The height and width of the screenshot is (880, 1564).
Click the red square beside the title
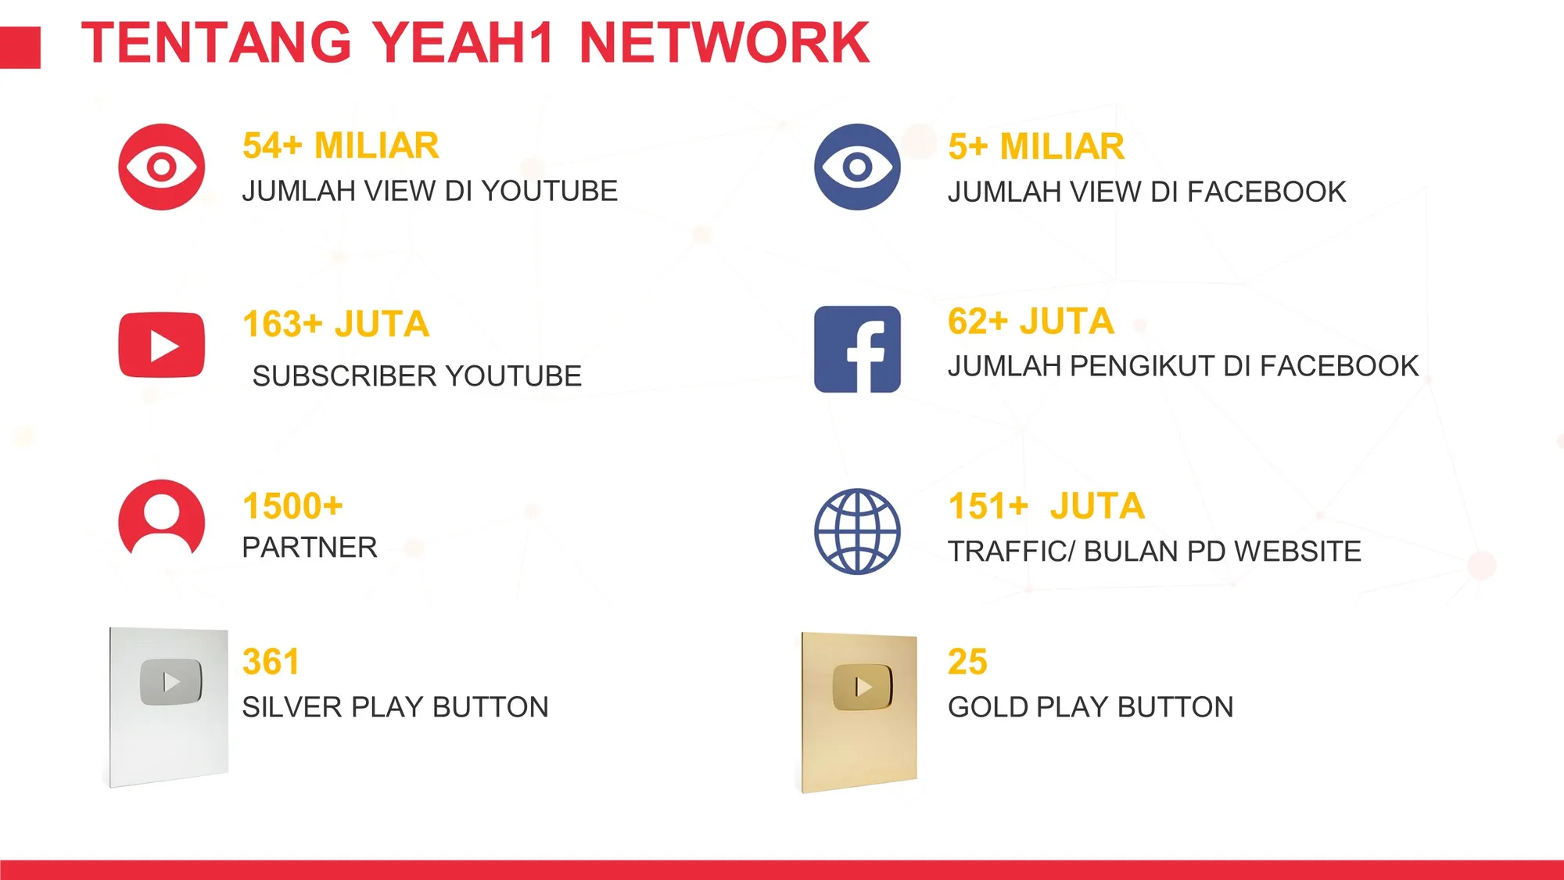pyautogui.click(x=20, y=48)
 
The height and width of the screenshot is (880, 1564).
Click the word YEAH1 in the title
pyautogui.click(x=462, y=42)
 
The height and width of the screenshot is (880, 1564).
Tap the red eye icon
pyautogui.click(x=162, y=167)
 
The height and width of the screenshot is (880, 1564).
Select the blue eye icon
pyautogui.click(x=857, y=167)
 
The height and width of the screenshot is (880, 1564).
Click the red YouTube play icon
pyautogui.click(x=162, y=345)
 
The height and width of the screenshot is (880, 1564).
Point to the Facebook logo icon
pyautogui.click(x=857, y=349)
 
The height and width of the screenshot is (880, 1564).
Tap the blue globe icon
pyautogui.click(x=857, y=532)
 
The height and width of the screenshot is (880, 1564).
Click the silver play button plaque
pyautogui.click(x=168, y=706)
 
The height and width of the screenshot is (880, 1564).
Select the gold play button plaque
pyautogui.click(x=859, y=712)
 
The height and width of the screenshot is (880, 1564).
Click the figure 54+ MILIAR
pyautogui.click(x=341, y=145)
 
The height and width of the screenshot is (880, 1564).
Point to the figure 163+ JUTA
pyautogui.click(x=336, y=324)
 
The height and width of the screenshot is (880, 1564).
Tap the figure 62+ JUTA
pyautogui.click(x=1031, y=321)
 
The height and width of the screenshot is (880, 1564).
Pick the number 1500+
pyautogui.click(x=292, y=506)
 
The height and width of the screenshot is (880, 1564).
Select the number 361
pyautogui.click(x=271, y=662)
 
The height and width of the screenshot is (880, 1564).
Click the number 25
pyautogui.click(x=967, y=662)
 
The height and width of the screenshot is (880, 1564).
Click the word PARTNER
pyautogui.click(x=310, y=548)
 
